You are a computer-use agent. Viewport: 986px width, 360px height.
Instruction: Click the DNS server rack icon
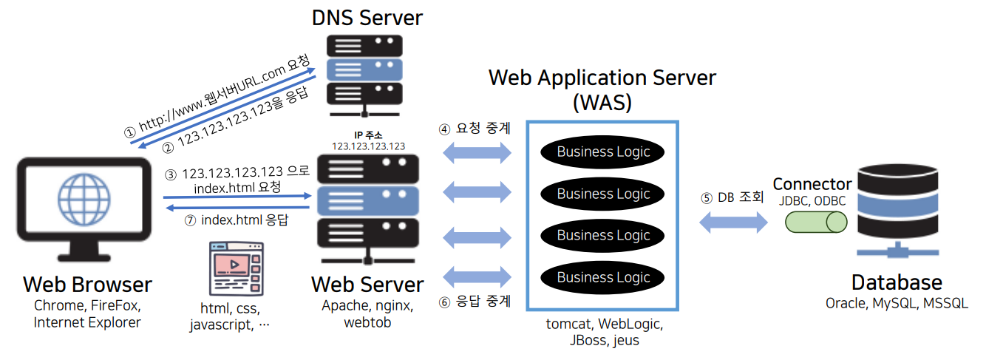tap(367, 71)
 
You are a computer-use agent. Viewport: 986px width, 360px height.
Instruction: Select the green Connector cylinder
tap(816, 221)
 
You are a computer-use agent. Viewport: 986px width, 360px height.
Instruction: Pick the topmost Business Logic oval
tap(603, 152)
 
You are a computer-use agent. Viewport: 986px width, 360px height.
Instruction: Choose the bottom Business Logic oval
tap(603, 278)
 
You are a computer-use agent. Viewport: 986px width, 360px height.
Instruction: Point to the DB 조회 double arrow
tap(733, 222)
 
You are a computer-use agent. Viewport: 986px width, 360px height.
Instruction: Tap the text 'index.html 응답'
tap(244, 220)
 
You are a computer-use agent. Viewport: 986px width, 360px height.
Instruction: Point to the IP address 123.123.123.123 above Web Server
tap(368, 146)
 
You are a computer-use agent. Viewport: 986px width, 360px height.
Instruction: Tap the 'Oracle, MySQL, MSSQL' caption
tap(897, 304)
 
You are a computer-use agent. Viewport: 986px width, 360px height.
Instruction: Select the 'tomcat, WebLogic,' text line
tap(604, 324)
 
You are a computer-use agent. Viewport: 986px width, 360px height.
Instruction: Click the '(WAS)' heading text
tap(602, 102)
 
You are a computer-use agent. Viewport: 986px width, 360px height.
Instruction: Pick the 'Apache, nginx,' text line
tap(367, 305)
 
